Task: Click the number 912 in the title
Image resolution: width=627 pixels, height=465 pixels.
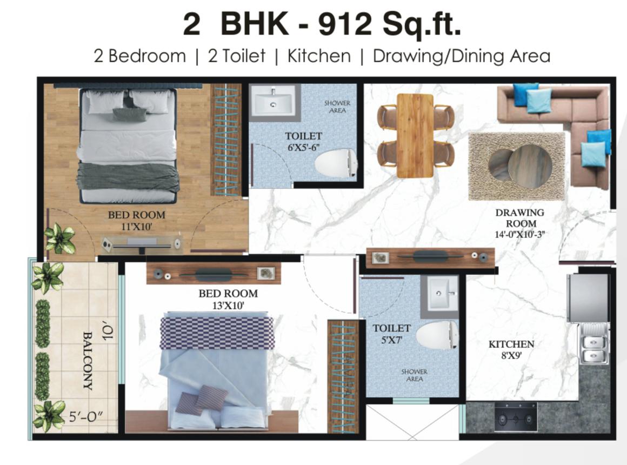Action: pos(345,24)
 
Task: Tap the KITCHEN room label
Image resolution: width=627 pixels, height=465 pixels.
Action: pos(511,344)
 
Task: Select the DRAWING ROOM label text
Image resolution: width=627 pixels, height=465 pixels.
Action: pos(520,218)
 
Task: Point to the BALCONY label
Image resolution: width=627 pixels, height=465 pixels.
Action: pos(88,360)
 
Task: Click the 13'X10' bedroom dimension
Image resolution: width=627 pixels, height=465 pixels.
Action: pos(228,305)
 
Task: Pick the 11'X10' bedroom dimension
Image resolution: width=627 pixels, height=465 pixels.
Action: pos(136,227)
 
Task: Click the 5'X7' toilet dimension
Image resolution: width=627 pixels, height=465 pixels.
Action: pos(391,340)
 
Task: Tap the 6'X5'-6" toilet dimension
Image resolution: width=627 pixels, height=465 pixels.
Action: pos(304,147)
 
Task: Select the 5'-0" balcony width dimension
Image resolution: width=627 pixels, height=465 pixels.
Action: pos(85,417)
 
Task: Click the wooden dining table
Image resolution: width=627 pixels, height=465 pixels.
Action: pos(415,136)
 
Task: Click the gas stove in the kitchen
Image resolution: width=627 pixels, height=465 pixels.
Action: pos(516,417)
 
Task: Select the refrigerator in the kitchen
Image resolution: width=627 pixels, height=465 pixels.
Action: pos(588,298)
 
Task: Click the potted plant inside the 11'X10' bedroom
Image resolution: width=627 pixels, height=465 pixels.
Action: pos(60,238)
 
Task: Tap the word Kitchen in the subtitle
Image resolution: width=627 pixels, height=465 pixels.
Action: pos(319,56)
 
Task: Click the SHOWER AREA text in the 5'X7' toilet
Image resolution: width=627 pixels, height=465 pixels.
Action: pos(414,375)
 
